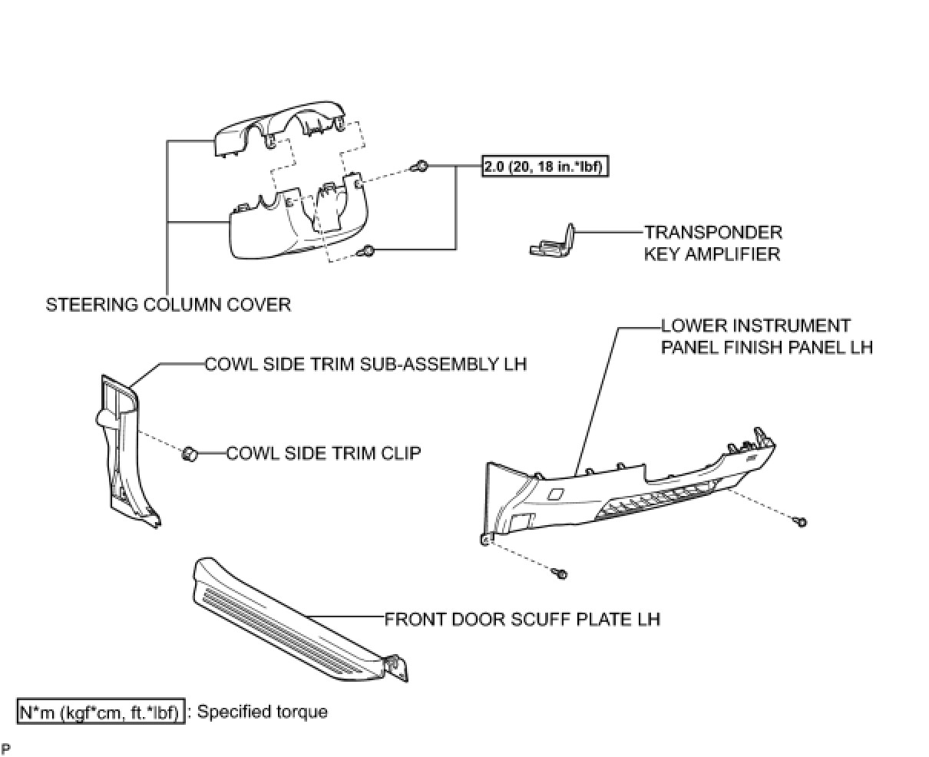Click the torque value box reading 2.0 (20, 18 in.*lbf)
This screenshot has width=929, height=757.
[x=545, y=167]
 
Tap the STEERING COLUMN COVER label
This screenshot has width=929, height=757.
[x=168, y=305]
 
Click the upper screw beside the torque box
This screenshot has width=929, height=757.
[x=420, y=167]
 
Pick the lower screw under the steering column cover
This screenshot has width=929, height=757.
[x=368, y=250]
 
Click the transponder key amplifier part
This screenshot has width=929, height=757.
[x=554, y=241]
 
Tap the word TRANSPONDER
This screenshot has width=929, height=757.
[x=712, y=233]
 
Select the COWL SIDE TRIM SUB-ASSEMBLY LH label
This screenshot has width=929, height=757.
[x=365, y=364]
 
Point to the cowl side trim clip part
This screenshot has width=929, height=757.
[x=189, y=454]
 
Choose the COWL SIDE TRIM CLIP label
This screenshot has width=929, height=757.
[x=323, y=453]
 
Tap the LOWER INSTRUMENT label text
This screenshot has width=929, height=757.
[x=755, y=326]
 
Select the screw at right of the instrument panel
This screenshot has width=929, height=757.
[x=800, y=522]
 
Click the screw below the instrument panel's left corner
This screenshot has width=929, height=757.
[x=561, y=574]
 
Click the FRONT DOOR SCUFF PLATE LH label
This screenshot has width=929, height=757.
[x=522, y=619]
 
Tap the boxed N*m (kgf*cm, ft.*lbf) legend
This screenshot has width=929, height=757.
[x=101, y=712]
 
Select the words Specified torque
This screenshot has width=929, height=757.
[x=263, y=712]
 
